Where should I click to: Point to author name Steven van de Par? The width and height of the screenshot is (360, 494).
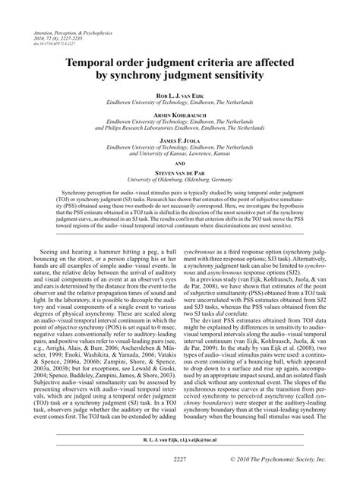pyautogui.click(x=179, y=172)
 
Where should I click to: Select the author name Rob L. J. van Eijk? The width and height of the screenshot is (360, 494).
pyautogui.click(x=179, y=96)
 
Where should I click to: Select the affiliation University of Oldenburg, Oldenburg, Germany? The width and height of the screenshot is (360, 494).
pyautogui.click(x=179, y=179)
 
